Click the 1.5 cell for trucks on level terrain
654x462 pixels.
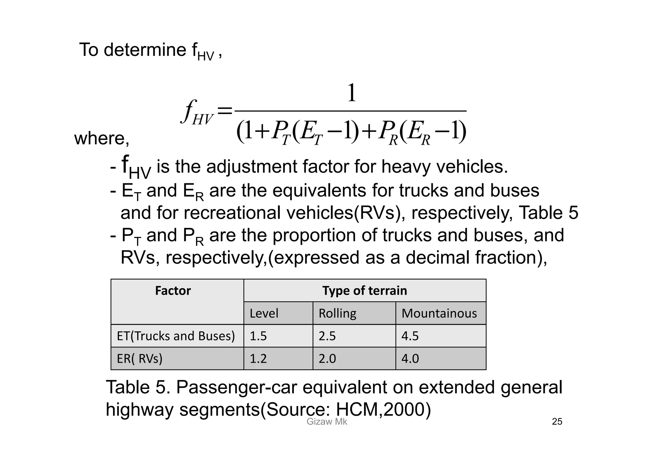[258, 336]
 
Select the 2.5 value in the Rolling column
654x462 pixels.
[327, 336]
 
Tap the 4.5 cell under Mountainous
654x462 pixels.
[410, 336]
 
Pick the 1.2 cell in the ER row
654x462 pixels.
[258, 359]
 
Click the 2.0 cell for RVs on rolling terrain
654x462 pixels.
[327, 359]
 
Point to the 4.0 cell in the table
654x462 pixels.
[410, 359]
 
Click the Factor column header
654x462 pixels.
[173, 291]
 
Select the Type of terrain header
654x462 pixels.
[365, 291]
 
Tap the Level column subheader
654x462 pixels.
[264, 314]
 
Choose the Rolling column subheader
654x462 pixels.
[337, 314]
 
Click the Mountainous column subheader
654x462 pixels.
[439, 314]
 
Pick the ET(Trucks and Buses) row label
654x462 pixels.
[176, 336]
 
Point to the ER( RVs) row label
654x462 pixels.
[140, 359]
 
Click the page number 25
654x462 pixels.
[557, 422]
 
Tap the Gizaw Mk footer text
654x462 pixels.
[327, 422]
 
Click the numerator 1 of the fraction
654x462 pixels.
[351, 93]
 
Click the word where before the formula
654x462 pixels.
[102, 139]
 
